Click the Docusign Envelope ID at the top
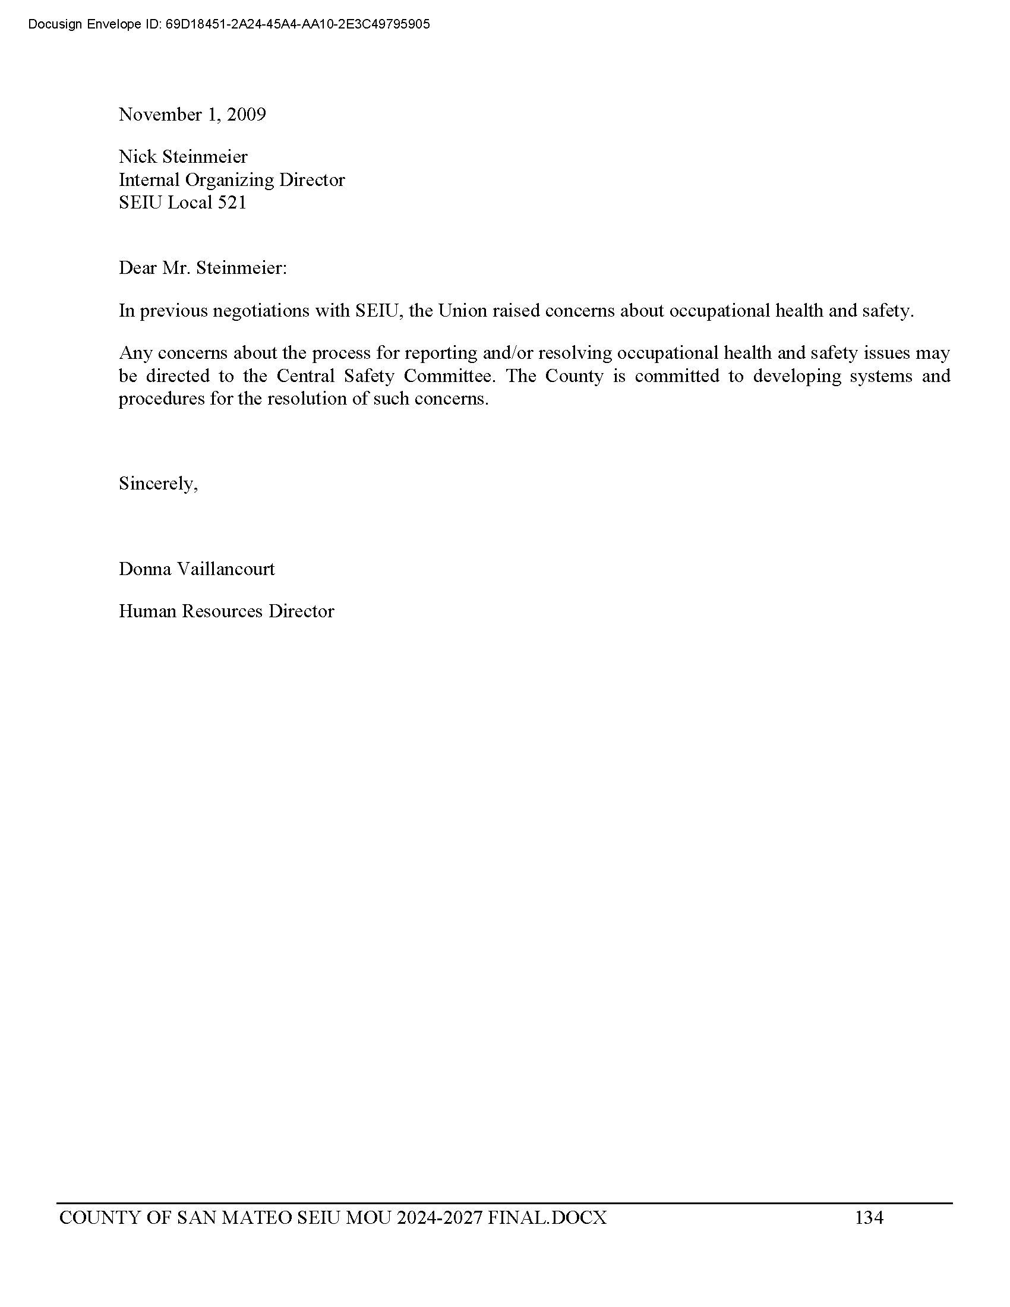click(x=229, y=24)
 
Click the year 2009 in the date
click(x=246, y=114)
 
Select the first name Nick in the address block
click(x=137, y=157)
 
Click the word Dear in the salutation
click(x=138, y=268)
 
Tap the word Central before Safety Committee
click(x=305, y=377)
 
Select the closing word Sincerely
click(x=158, y=484)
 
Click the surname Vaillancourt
click(x=226, y=569)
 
